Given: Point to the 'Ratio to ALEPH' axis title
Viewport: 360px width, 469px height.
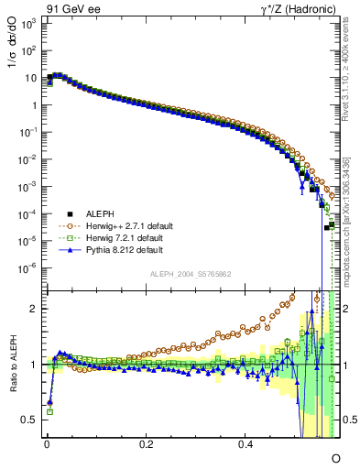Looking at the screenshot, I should tap(12, 364).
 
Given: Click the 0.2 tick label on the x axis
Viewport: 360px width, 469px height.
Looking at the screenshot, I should tap(146, 444).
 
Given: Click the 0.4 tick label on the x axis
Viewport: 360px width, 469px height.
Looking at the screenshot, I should tap(245, 444).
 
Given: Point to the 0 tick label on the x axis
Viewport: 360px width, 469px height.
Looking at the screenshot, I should tap(47, 444).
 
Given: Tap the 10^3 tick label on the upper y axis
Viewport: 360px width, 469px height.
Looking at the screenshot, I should tap(27, 23).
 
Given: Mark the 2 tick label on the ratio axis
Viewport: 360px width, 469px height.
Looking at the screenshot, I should tap(34, 309).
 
